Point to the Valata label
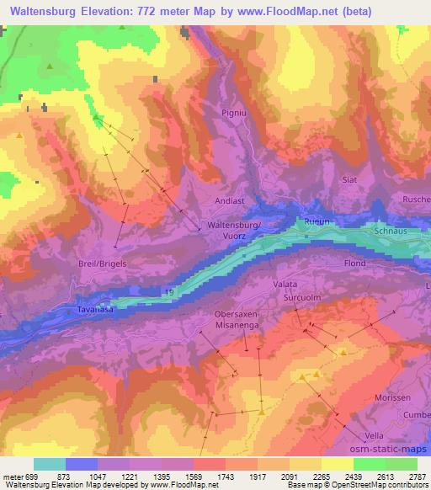click(285, 285)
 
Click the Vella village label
click(375, 435)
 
